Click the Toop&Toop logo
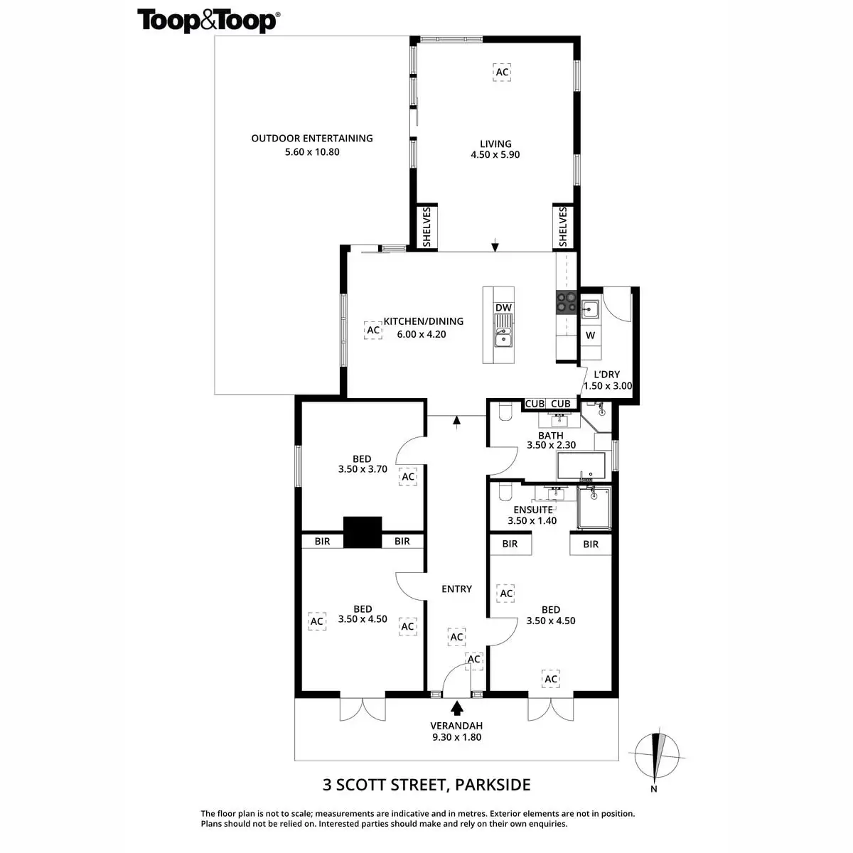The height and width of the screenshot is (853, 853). coord(208,21)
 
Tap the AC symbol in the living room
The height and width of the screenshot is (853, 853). coord(503,72)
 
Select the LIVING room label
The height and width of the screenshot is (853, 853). coord(495,144)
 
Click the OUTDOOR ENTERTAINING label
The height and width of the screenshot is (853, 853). coord(312,139)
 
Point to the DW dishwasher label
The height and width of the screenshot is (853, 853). coord(503,308)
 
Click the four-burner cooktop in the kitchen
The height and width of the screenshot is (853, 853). coord(566,303)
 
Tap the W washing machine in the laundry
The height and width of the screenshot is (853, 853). coord(590,335)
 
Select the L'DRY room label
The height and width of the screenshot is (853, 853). coord(606,375)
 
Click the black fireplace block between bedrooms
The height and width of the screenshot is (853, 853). coord(363,532)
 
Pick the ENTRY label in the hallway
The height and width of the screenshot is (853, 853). coord(456,589)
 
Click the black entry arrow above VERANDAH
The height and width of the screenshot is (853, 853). coord(456,708)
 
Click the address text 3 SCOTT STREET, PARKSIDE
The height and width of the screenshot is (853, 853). coord(426,785)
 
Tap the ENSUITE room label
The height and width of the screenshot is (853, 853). coord(532,510)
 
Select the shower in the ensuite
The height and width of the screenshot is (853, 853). coord(594,508)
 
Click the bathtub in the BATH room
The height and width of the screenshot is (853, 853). coord(581,466)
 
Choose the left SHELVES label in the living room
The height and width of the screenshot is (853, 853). coord(426,227)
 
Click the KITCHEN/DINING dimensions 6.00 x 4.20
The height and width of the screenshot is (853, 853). coord(422,333)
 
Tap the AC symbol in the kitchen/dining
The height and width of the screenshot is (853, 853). coord(372,330)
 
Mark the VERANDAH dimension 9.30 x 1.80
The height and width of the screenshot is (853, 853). coord(456,737)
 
